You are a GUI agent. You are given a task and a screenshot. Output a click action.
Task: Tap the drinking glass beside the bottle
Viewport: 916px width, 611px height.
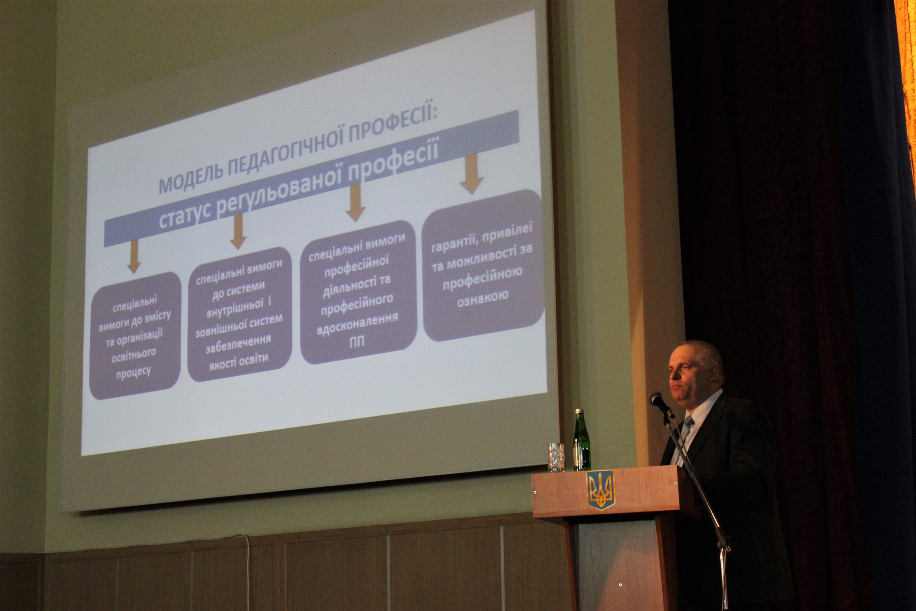[x=557, y=457]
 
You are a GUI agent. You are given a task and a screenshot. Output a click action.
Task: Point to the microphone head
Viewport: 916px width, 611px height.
[x=658, y=400]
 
